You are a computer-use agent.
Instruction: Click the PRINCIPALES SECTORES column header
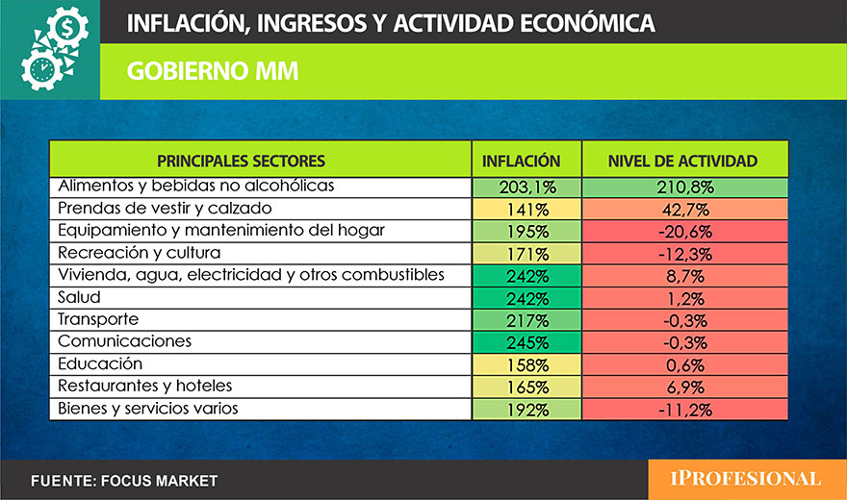[x=242, y=161]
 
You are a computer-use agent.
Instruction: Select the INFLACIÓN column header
[x=521, y=161]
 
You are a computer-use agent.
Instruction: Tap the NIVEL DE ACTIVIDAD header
[x=683, y=161]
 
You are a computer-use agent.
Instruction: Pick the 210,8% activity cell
[x=683, y=187]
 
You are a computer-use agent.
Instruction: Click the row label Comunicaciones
[x=125, y=341]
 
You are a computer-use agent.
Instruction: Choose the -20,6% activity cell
[x=683, y=231]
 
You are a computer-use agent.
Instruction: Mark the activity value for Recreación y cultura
[x=683, y=254]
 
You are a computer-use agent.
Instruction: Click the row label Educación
[x=100, y=363]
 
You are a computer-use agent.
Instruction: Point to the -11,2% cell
[x=683, y=410]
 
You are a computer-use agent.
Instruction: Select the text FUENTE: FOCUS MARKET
[x=124, y=480]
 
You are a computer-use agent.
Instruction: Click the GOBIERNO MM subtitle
[x=212, y=70]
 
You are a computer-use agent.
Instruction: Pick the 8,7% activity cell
[x=683, y=275]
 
